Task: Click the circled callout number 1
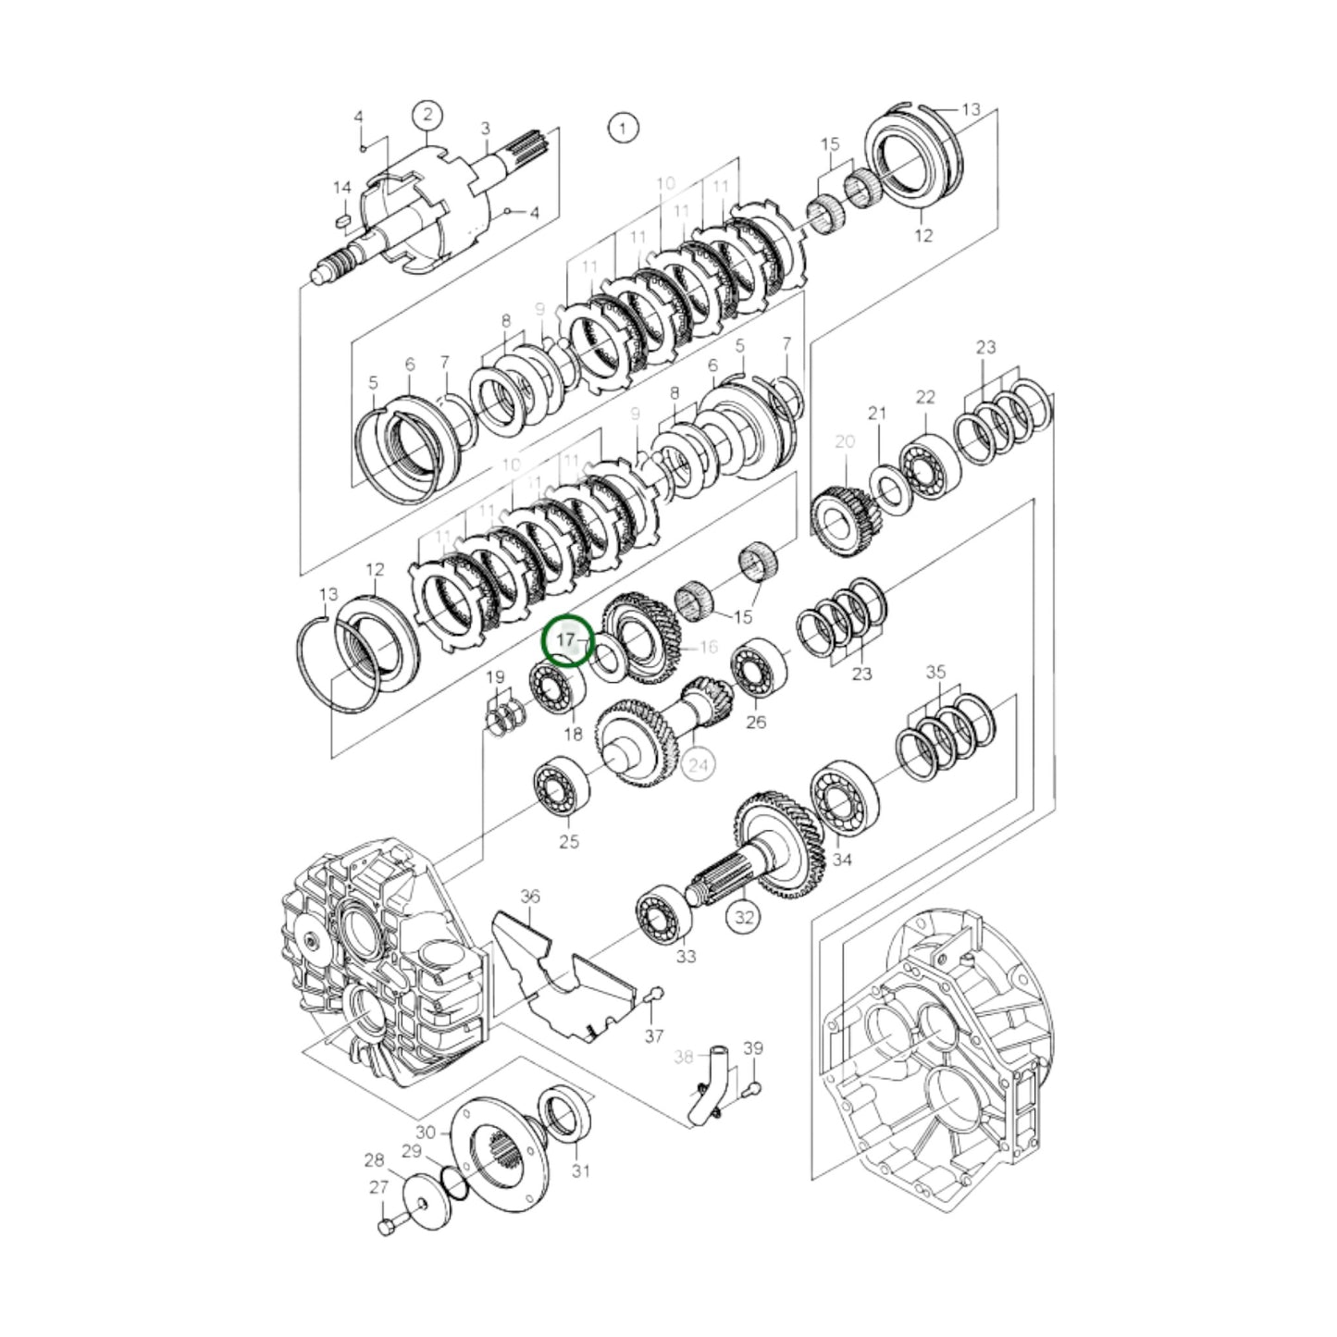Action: pyautogui.click(x=623, y=128)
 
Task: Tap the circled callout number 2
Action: pyautogui.click(x=427, y=116)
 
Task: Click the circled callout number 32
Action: pyautogui.click(x=744, y=917)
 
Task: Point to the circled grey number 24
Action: pyautogui.click(x=699, y=764)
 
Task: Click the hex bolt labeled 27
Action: pyautogui.click(x=386, y=1227)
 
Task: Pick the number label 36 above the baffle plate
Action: pyautogui.click(x=529, y=896)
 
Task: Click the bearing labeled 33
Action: pyautogui.click(x=664, y=914)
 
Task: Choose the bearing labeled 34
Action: pyautogui.click(x=844, y=797)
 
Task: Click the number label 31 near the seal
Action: pyautogui.click(x=580, y=1170)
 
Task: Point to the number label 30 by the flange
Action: pyautogui.click(x=425, y=1133)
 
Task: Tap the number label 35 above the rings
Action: pyautogui.click(x=935, y=671)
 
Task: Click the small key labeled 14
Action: pyautogui.click(x=341, y=221)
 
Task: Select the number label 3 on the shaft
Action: pyautogui.click(x=485, y=130)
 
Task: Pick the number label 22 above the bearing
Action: pyautogui.click(x=925, y=397)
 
